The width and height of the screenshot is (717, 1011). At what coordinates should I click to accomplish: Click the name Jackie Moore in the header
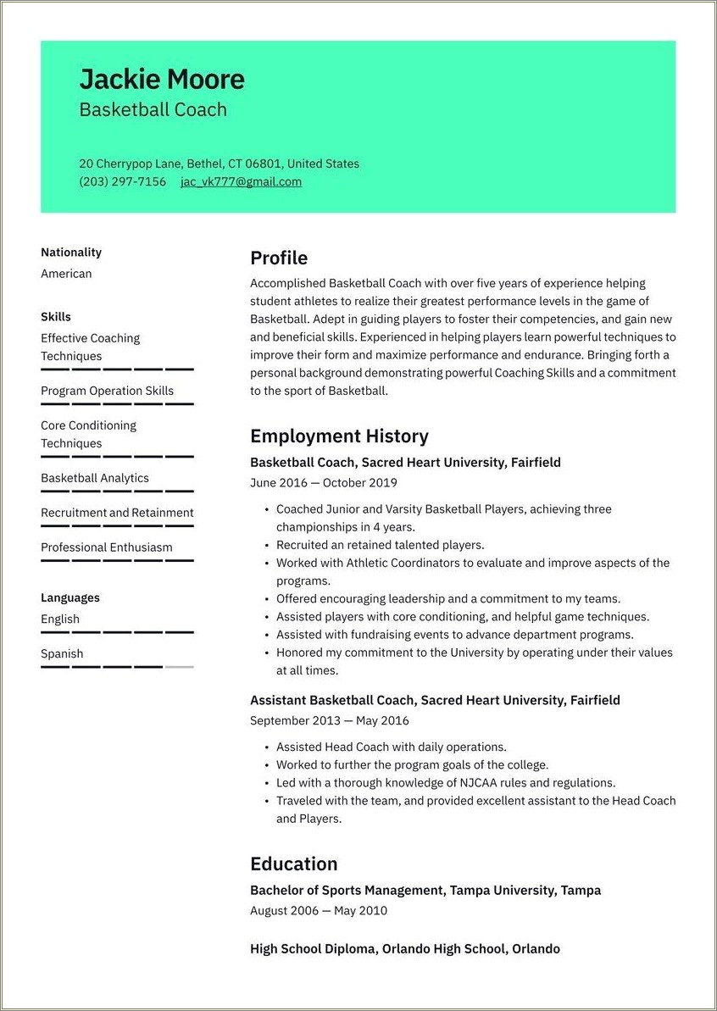(x=162, y=80)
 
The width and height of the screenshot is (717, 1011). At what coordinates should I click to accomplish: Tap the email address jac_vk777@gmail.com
(x=241, y=181)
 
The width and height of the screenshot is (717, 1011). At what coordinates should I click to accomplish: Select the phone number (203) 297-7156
(x=123, y=181)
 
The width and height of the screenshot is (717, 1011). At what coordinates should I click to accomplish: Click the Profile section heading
(x=279, y=258)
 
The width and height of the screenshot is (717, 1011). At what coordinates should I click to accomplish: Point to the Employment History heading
(x=339, y=436)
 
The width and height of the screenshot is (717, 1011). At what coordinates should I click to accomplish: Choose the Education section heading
(x=293, y=864)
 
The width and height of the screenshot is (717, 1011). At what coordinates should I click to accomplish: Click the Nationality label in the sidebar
(x=71, y=253)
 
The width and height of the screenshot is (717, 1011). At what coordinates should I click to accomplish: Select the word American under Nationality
(x=66, y=274)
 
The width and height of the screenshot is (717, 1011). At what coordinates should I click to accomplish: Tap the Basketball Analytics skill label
(x=95, y=478)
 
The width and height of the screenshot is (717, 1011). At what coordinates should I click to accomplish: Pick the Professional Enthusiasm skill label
(x=107, y=547)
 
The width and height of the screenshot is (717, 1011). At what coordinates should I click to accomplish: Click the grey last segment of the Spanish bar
(x=179, y=667)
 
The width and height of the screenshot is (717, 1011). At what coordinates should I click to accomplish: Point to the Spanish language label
(x=62, y=653)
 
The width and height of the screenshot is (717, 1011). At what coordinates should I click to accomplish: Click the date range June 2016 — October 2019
(x=324, y=483)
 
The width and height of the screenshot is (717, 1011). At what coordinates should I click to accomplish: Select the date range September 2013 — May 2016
(x=330, y=720)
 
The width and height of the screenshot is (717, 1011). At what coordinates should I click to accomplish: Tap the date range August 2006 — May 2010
(x=319, y=911)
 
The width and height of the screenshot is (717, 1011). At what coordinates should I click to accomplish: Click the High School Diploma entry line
(x=405, y=949)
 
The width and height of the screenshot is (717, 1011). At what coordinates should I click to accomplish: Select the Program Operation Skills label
(x=107, y=391)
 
